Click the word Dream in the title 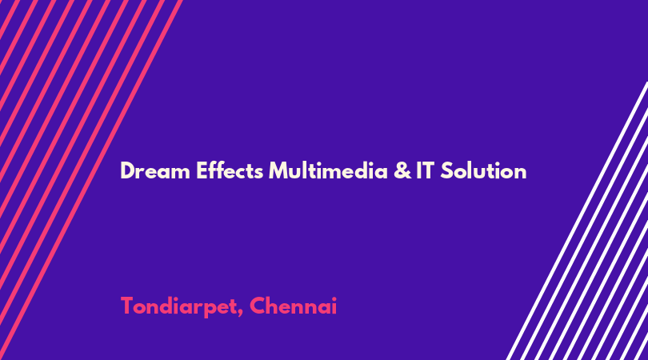(155, 170)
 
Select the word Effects (230, 170)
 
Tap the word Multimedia (328, 170)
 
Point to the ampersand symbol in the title (402, 170)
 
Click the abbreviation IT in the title (425, 170)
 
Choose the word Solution (483, 170)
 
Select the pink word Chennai (293, 306)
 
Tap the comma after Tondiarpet (240, 313)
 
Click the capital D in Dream (127, 170)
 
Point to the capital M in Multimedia (278, 170)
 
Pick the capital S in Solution (446, 170)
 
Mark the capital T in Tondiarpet (127, 306)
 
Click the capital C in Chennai (257, 306)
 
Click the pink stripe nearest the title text (91, 180)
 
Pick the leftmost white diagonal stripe (577, 221)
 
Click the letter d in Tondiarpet (168, 306)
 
